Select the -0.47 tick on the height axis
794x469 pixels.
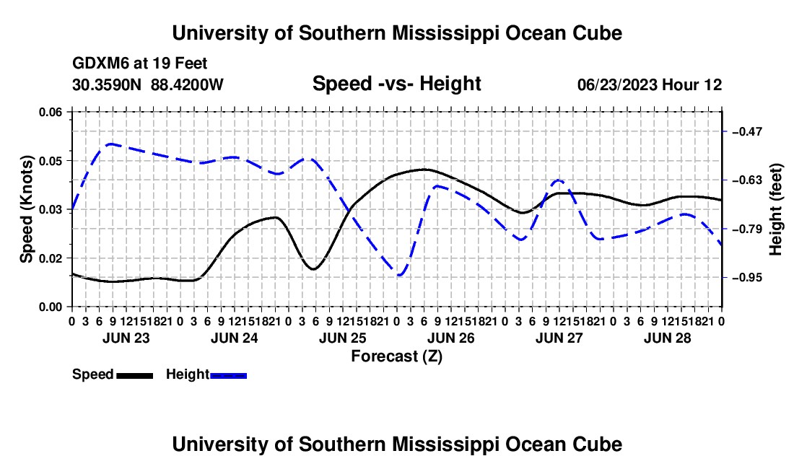[x=747, y=131]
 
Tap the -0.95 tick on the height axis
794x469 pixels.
[x=747, y=278]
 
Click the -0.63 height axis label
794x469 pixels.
[x=747, y=180]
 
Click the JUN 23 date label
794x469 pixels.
[x=126, y=338]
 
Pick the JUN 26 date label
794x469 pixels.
[x=450, y=338]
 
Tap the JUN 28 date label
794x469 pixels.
[x=668, y=338]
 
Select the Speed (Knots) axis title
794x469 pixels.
[x=26, y=209]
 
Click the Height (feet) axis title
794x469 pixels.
[x=776, y=209]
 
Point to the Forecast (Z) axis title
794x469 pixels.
[x=397, y=356]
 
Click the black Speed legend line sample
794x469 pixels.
[x=135, y=376]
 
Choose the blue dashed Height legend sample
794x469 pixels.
[x=228, y=376]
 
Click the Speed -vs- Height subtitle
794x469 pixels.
[x=397, y=84]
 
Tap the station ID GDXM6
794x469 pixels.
[x=101, y=63]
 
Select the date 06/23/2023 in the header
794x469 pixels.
[x=617, y=84]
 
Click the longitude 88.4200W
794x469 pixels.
[x=187, y=84]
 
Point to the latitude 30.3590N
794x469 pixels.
[x=107, y=84]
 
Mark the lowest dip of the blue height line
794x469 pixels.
[x=400, y=276]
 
